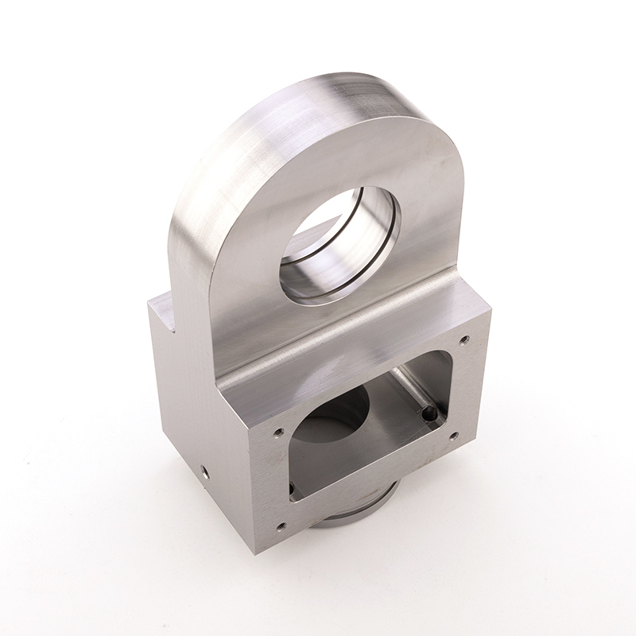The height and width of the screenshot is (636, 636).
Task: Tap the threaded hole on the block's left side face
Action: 204,471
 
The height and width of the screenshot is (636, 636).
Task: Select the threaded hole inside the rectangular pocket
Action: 430,413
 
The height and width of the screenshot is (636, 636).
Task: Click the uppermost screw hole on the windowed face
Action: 464,339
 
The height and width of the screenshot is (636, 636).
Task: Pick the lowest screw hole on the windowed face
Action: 280,525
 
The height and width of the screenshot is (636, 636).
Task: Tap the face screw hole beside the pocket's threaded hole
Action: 453,436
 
